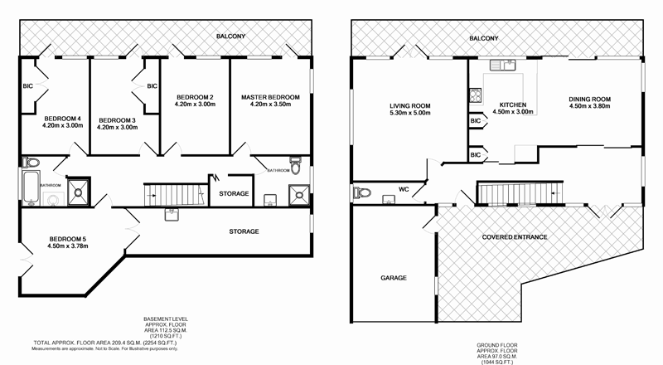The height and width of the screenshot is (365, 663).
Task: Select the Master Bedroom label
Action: click(x=270, y=97)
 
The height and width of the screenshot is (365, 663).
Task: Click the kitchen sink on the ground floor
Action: click(x=502, y=65)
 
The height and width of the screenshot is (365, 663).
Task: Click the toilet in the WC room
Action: click(x=361, y=193)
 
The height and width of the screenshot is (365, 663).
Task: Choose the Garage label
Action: click(x=394, y=278)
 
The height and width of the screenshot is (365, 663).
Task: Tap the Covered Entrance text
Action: click(x=515, y=237)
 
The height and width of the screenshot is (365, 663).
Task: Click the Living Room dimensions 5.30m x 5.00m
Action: click(x=410, y=114)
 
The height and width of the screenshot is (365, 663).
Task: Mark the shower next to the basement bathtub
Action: click(x=80, y=188)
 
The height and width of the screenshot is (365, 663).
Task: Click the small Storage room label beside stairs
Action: click(x=234, y=193)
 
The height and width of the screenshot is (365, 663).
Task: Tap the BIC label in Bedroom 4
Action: click(x=27, y=85)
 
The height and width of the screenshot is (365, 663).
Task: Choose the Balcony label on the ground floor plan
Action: click(x=484, y=38)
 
